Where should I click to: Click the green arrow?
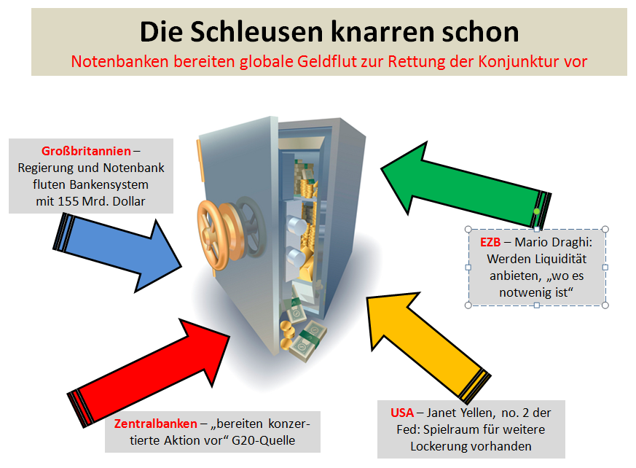[466, 183]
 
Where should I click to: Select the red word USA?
[401, 413]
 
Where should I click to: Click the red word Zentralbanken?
[155, 424]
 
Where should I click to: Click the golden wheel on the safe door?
[223, 222]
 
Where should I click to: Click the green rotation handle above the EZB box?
[537, 211]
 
